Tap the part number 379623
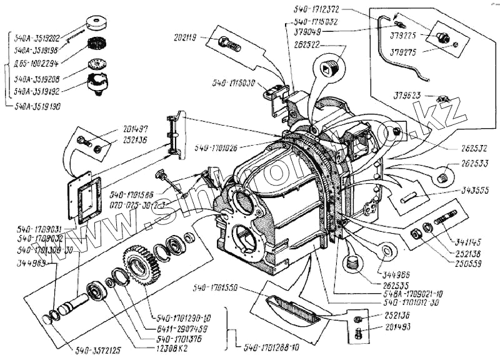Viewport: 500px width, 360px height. tap(408, 96)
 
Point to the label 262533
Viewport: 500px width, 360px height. tap(475, 162)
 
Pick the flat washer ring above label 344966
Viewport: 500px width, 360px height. tap(386, 251)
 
